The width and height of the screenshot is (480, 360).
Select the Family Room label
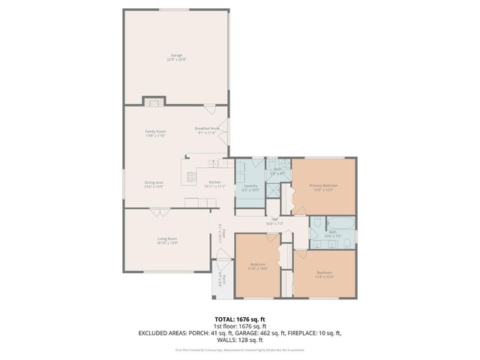pos(155,133)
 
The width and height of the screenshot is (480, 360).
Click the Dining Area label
pos(154,184)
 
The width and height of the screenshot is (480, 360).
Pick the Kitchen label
pos(214,184)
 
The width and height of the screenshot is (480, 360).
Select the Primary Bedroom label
pos(325,187)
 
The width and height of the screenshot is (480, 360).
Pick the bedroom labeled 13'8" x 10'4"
pos(324,274)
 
